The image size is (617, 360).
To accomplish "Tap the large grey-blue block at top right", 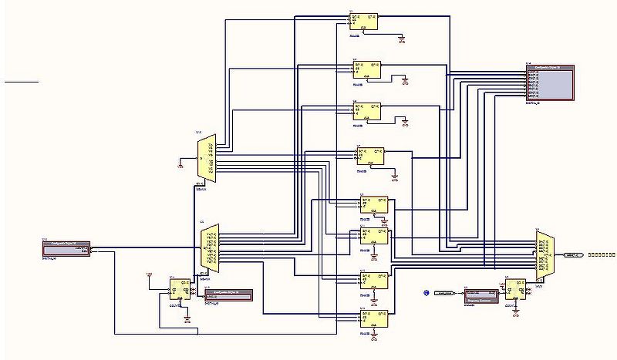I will [551, 83].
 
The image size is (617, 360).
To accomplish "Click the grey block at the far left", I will [66, 247].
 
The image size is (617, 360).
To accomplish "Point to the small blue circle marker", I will [425, 293].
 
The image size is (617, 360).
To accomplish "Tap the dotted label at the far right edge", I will [602, 254].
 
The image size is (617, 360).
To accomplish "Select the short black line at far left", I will [21, 80].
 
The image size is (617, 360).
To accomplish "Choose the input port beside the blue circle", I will [443, 293].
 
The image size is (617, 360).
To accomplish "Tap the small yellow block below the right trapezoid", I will [515, 290].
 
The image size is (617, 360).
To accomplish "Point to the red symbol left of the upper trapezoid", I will [180, 163].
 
